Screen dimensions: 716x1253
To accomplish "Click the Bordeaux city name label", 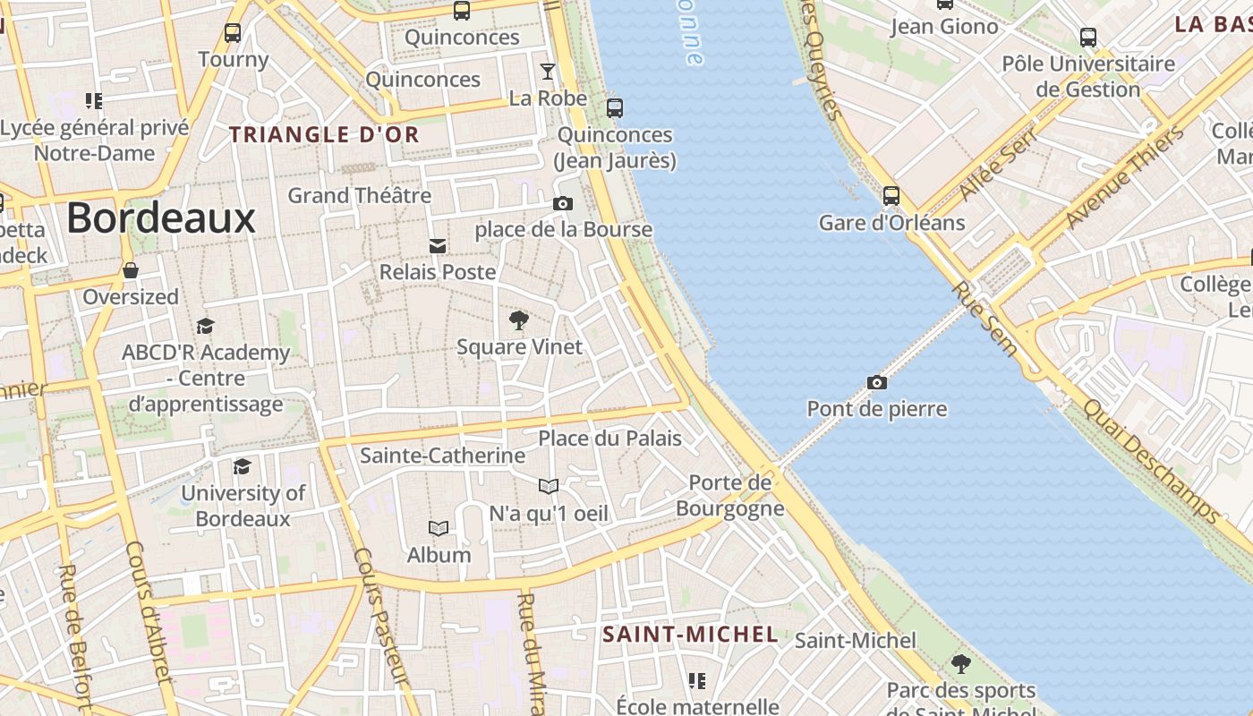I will [161, 218].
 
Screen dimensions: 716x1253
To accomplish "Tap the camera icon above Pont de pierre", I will [877, 383].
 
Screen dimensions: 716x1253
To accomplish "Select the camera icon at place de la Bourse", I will [563, 204].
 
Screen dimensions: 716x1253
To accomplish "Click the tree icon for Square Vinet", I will [518, 320].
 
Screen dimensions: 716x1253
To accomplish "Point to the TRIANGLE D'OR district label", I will [324, 135].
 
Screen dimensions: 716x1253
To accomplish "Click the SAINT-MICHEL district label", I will [690, 635].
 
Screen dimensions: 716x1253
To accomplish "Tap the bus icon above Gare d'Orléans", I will [891, 196].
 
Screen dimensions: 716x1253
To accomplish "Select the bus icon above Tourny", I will [233, 33].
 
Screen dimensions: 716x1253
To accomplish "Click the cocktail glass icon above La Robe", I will [548, 72].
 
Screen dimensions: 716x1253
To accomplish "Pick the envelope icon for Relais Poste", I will [438, 246].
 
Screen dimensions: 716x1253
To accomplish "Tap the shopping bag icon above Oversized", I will [131, 270].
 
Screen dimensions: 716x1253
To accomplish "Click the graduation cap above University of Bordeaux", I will [243, 466].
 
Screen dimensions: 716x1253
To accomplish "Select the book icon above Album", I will [439, 529].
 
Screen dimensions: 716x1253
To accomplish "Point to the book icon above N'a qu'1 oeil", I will [549, 487].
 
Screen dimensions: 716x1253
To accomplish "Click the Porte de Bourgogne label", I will [730, 496].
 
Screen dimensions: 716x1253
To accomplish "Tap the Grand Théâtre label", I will [359, 195].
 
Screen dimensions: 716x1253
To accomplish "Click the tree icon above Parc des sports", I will [961, 664].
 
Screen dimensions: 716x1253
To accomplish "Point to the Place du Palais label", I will [609, 439].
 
